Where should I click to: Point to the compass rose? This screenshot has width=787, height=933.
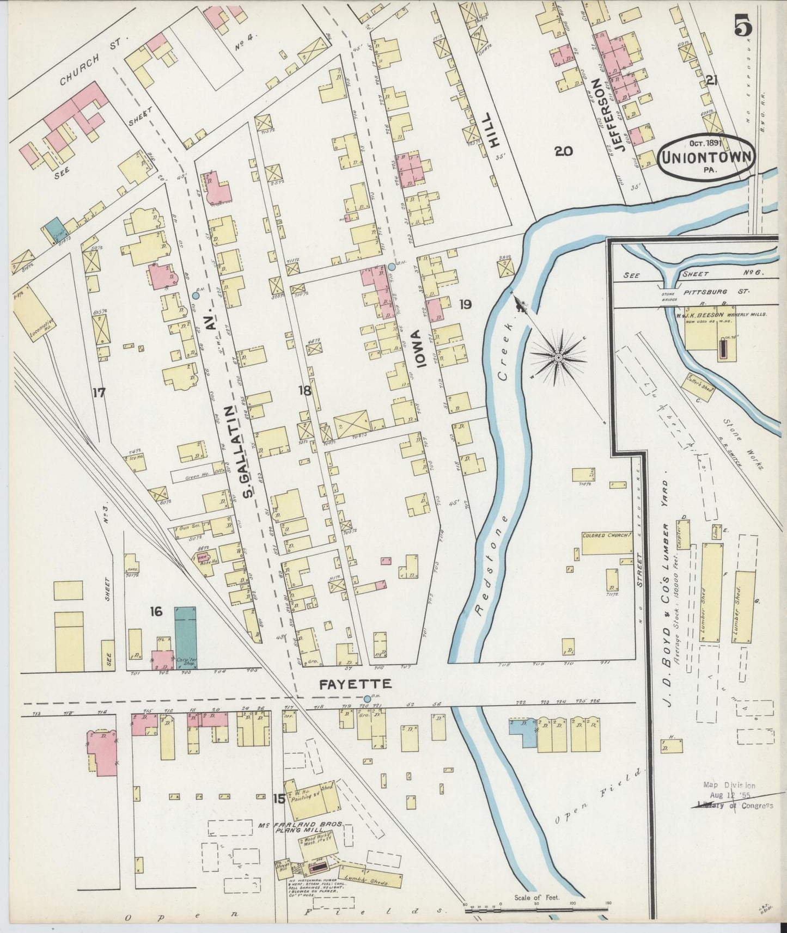(x=558, y=357)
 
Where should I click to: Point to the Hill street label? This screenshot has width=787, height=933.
(x=493, y=130)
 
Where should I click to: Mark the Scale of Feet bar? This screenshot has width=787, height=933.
(x=536, y=907)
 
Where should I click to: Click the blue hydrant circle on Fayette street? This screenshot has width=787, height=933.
(x=367, y=698)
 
